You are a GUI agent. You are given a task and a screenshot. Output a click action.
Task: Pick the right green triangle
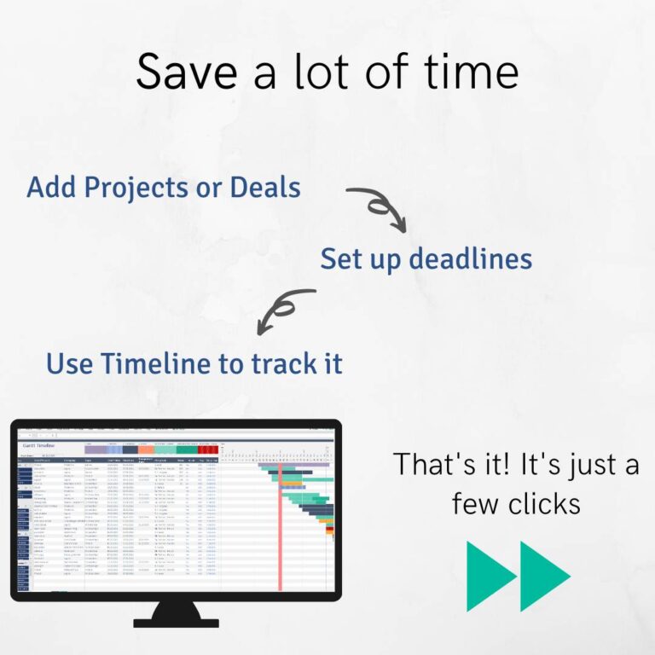[x=542, y=576]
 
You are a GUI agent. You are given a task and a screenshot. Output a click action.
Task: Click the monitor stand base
[x=176, y=622]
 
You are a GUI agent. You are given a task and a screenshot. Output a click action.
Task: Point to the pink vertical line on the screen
[x=279, y=529]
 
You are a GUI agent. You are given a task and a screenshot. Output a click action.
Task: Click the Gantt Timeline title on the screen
[x=39, y=446]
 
